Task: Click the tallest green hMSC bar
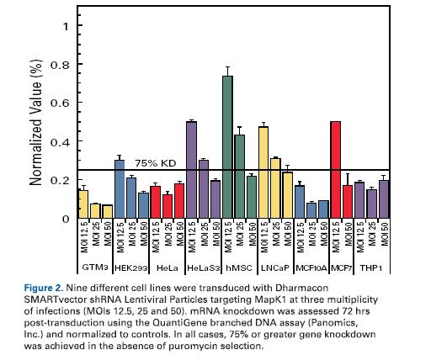click(x=227, y=147)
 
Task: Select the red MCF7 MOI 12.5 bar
click(x=336, y=170)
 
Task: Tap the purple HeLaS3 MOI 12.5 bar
click(x=192, y=170)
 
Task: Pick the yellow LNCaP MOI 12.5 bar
click(x=263, y=172)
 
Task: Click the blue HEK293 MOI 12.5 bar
click(x=120, y=189)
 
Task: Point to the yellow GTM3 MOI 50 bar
click(x=108, y=211)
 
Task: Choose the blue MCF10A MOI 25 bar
click(x=311, y=210)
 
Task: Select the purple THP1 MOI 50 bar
click(x=384, y=199)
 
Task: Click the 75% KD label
click(x=156, y=163)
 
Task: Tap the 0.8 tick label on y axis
click(x=60, y=65)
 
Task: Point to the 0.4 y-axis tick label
click(x=60, y=142)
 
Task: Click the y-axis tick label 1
click(x=66, y=27)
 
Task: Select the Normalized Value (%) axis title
click(x=36, y=123)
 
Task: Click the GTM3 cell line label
click(x=95, y=267)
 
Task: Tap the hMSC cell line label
click(x=239, y=267)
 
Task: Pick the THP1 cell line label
click(x=371, y=267)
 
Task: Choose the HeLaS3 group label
click(x=203, y=267)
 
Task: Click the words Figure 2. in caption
click(x=44, y=289)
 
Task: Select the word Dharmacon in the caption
click(x=302, y=288)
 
